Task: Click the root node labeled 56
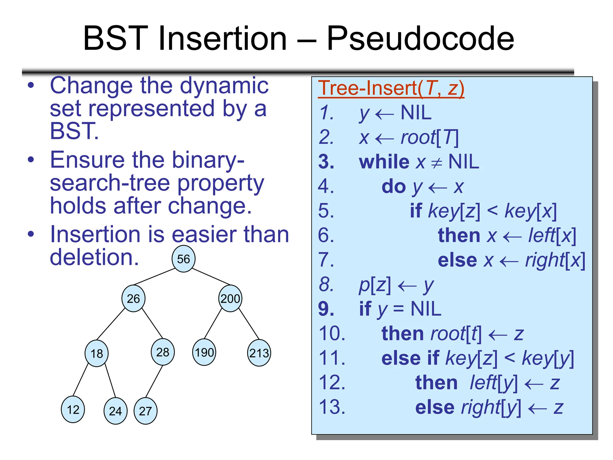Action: [183, 259]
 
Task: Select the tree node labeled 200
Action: [230, 298]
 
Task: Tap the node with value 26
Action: [133, 298]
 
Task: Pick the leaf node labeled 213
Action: [259, 353]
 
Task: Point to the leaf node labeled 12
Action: [73, 409]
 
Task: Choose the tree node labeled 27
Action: [145, 411]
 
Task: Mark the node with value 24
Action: [115, 411]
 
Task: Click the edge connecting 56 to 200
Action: [211, 277]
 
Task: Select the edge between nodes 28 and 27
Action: [154, 382]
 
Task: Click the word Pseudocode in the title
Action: [420, 38]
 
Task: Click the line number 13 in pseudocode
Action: [332, 407]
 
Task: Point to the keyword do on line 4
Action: [394, 187]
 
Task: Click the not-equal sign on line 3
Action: [436, 163]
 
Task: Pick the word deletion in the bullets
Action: [94, 258]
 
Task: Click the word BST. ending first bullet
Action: [74, 131]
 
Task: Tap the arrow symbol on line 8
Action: [407, 286]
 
